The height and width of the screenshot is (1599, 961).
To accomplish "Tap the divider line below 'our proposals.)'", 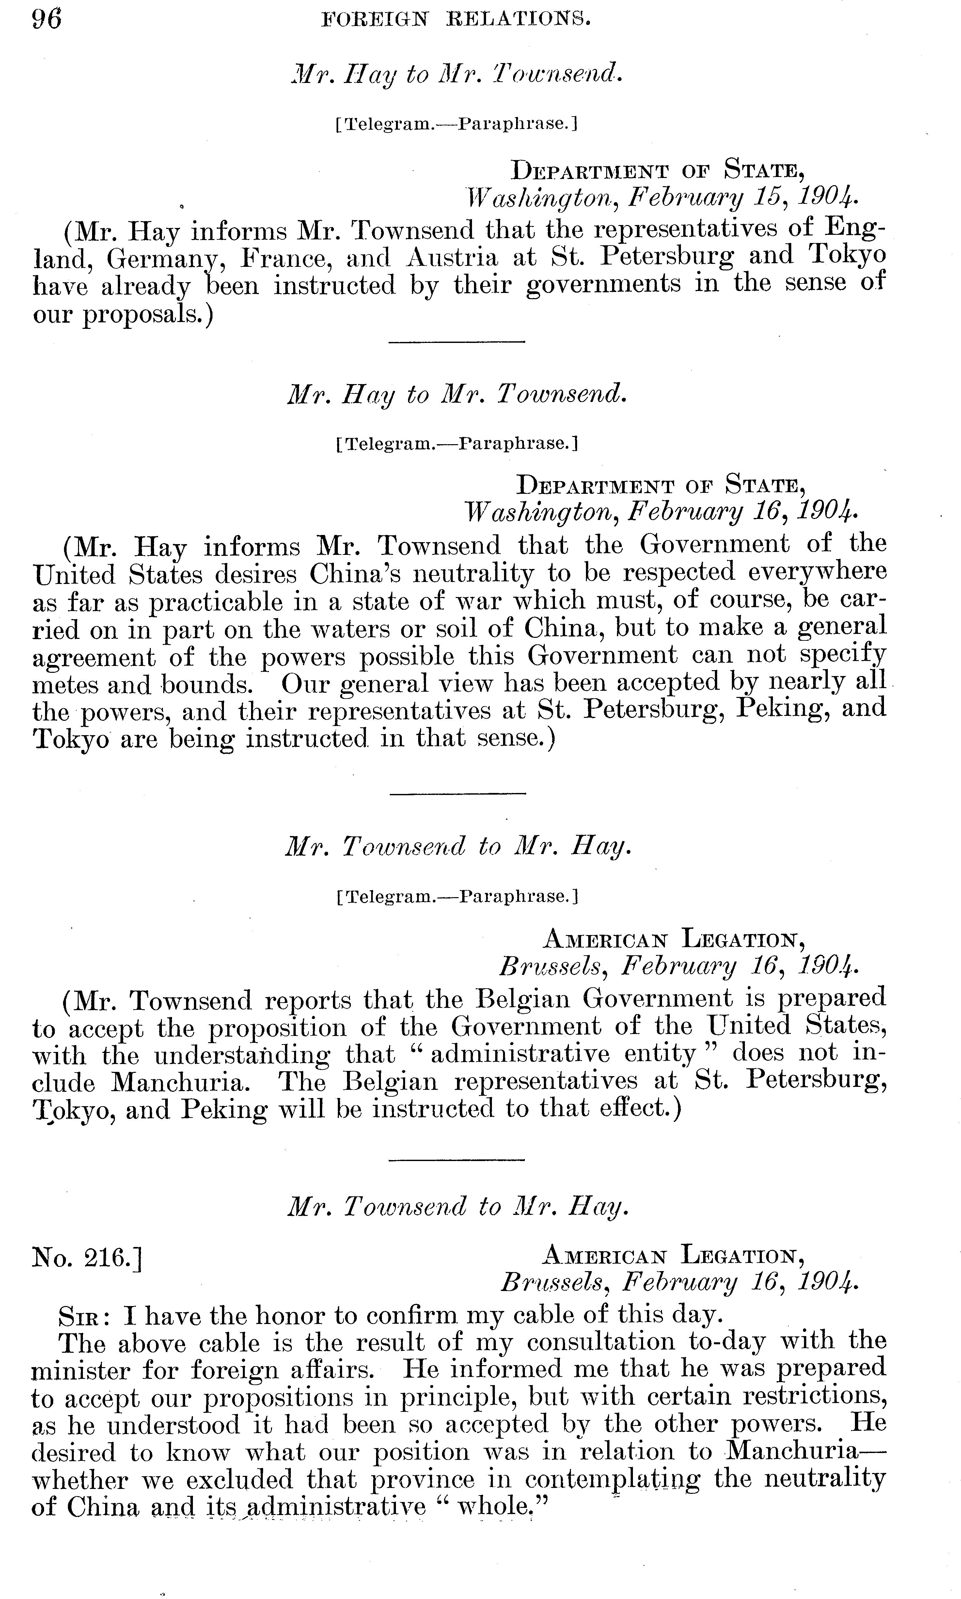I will [x=457, y=341].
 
